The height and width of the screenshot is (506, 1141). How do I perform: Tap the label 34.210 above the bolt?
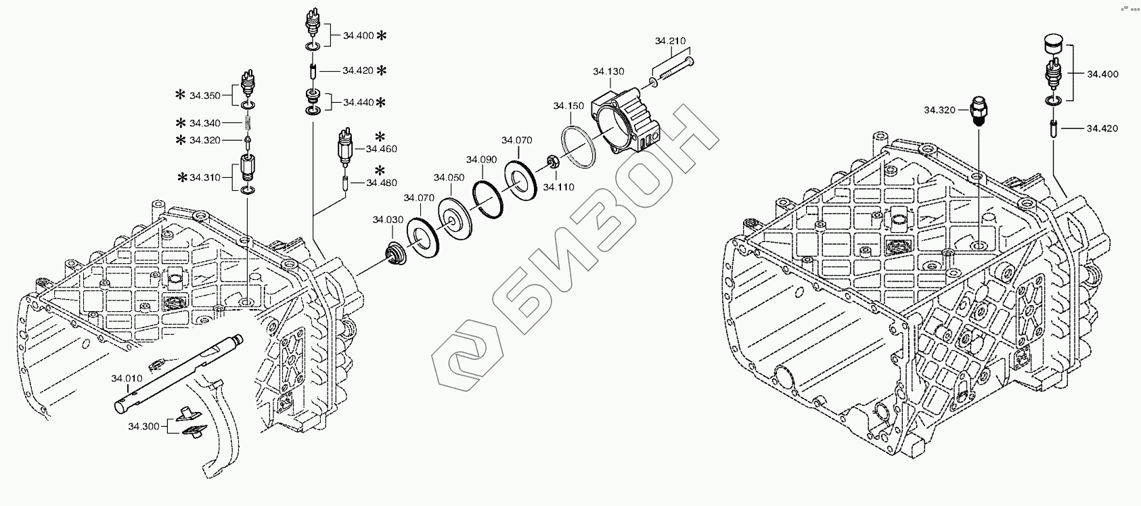point(670,41)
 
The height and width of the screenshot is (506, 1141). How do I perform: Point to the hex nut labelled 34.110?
point(552,162)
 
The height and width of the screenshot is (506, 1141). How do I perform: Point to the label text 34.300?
point(143,426)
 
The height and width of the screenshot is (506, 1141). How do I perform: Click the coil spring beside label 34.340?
point(248,123)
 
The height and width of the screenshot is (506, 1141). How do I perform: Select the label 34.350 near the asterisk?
point(204,96)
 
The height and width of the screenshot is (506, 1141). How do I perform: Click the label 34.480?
point(382,183)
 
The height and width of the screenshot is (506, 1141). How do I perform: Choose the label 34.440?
point(358,103)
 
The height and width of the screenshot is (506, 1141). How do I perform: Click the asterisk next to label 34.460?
point(380,135)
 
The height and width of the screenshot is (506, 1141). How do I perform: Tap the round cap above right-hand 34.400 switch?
point(1052,43)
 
